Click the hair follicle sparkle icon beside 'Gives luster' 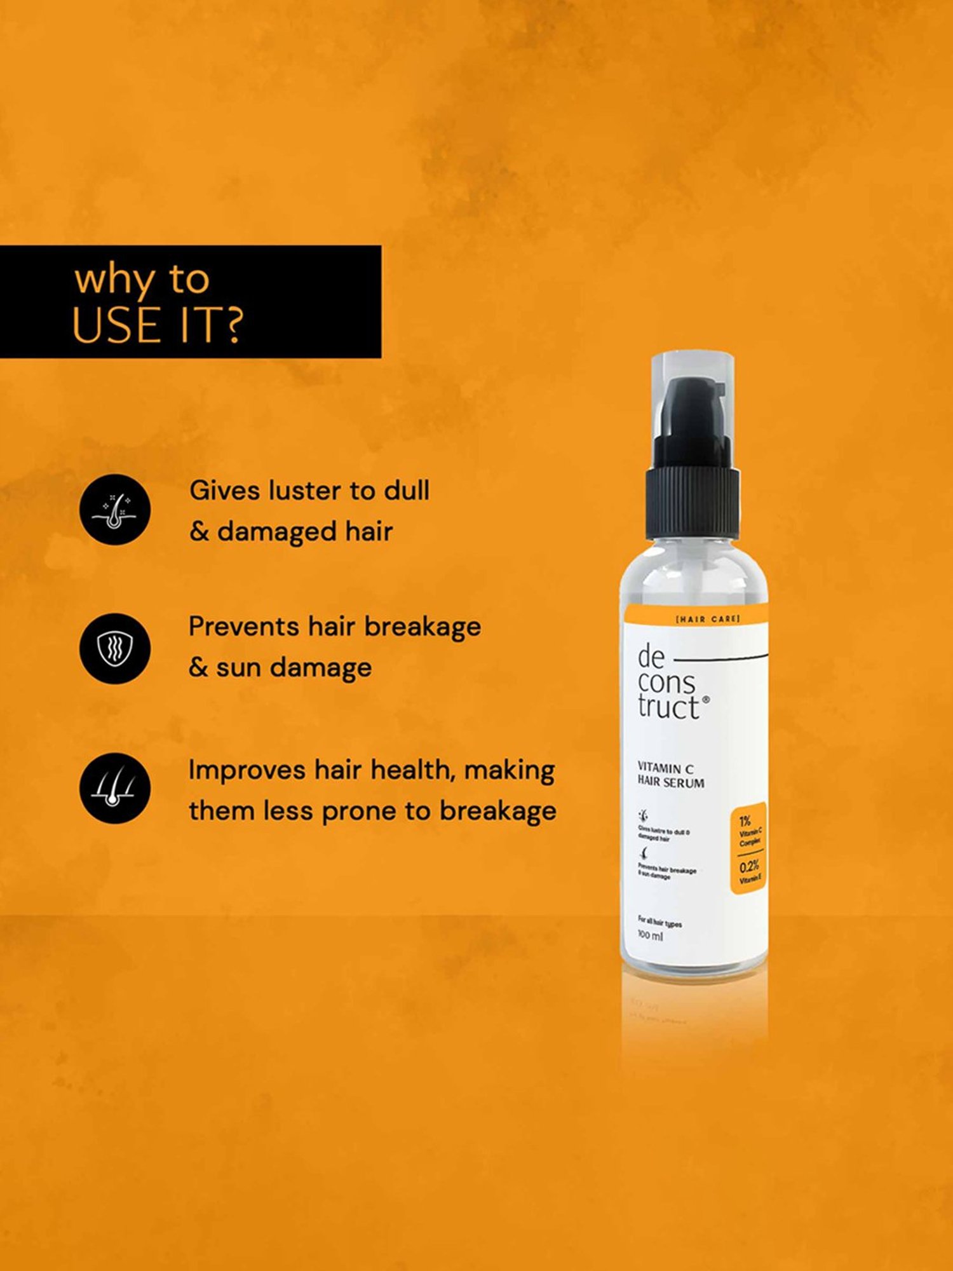[x=115, y=510]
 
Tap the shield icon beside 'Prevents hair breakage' [x=115, y=648]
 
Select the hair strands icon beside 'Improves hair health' [x=115, y=789]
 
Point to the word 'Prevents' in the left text [x=243, y=627]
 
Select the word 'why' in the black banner [x=115, y=280]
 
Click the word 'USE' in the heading [x=116, y=325]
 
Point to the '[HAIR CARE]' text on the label [x=707, y=618]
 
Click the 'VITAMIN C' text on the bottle [x=665, y=768]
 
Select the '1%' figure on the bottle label [x=745, y=820]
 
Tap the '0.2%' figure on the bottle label [x=748, y=866]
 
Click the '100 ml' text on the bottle [x=650, y=935]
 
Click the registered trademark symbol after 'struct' [x=706, y=699]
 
